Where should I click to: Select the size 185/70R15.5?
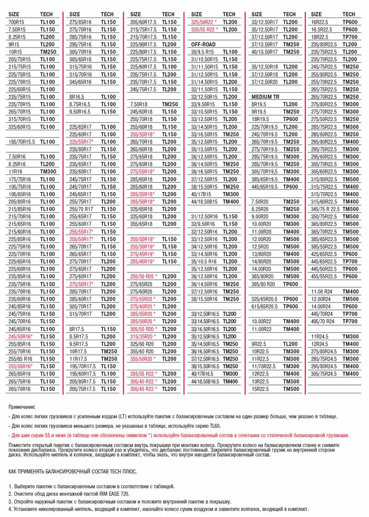(22, 142)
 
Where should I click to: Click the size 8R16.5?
(77, 97)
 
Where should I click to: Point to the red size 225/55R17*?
(82, 142)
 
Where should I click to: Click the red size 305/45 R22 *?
(144, 389)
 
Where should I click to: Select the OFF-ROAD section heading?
(203, 44)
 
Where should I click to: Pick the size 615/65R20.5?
(265, 307)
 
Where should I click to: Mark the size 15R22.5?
(260, 389)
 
